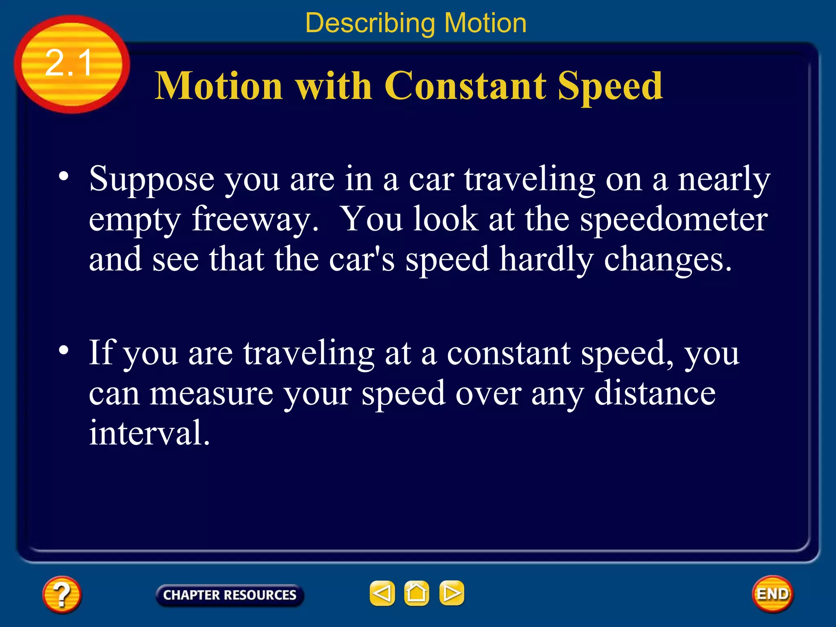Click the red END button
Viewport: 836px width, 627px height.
pos(772,594)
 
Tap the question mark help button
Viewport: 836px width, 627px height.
pos(62,594)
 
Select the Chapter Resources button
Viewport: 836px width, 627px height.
pos(230,595)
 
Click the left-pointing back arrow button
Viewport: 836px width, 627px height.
pos(382,593)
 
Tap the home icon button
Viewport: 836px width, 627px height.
pos(416,593)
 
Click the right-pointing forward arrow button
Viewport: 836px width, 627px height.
pos(451,593)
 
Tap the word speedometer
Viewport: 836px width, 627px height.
pos(674,220)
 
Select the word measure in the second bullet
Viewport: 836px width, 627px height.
pos(211,394)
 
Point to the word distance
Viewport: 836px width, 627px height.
pos(655,394)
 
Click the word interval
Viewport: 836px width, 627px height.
pos(149,433)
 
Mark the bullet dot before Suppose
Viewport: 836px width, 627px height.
pos(64,176)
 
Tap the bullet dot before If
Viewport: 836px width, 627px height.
pos(64,350)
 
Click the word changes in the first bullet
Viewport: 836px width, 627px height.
pos(667,260)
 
